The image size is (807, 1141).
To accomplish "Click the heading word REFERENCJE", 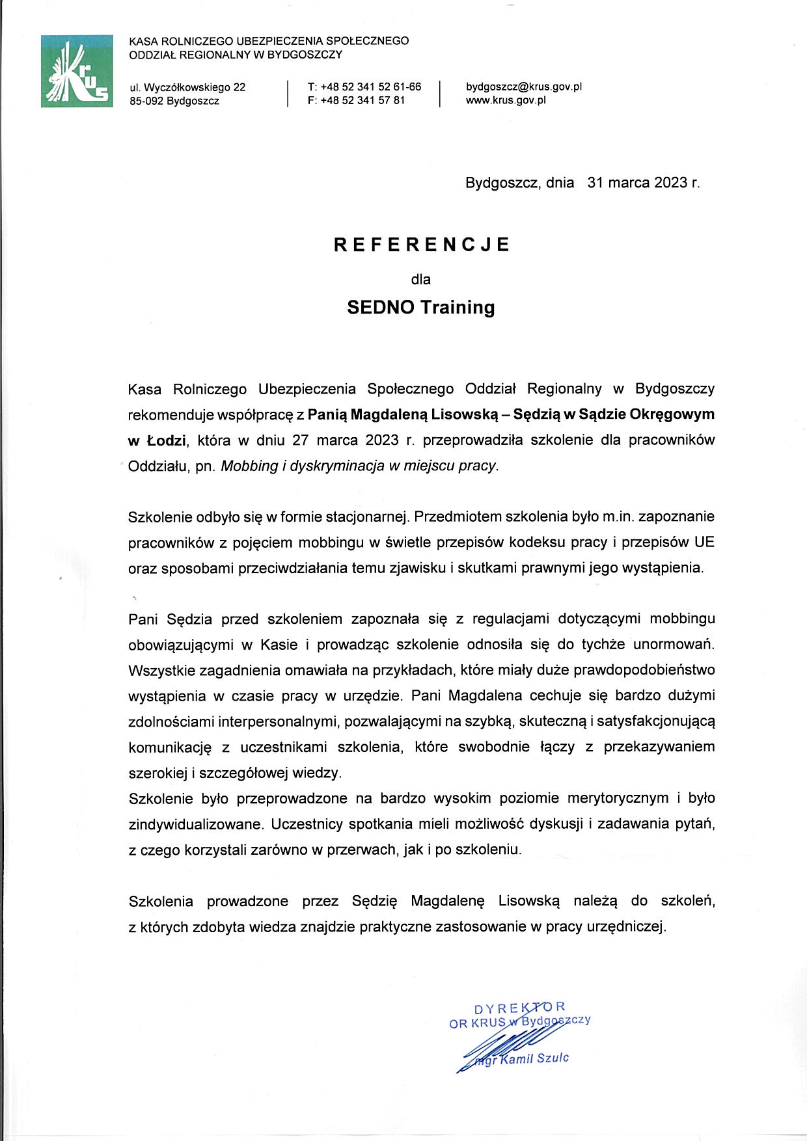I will tap(421, 245).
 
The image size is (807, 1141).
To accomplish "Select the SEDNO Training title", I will tap(421, 307).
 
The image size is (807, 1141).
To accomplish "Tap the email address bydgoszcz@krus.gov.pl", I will tap(523, 87).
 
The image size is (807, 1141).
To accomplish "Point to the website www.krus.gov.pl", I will tap(506, 100).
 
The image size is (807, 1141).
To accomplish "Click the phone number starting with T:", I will tap(364, 87).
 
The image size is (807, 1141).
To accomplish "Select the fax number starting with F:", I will tap(357, 100).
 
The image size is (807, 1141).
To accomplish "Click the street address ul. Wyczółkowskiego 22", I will tap(187, 87).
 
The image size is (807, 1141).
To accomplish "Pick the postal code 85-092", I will tap(146, 101).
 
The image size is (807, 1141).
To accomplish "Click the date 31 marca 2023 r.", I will tap(643, 183).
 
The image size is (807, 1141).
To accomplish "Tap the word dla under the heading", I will tap(421, 280).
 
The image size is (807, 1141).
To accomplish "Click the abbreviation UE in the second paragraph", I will tap(704, 542).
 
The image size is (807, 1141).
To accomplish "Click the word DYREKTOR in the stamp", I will tap(519, 1008).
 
